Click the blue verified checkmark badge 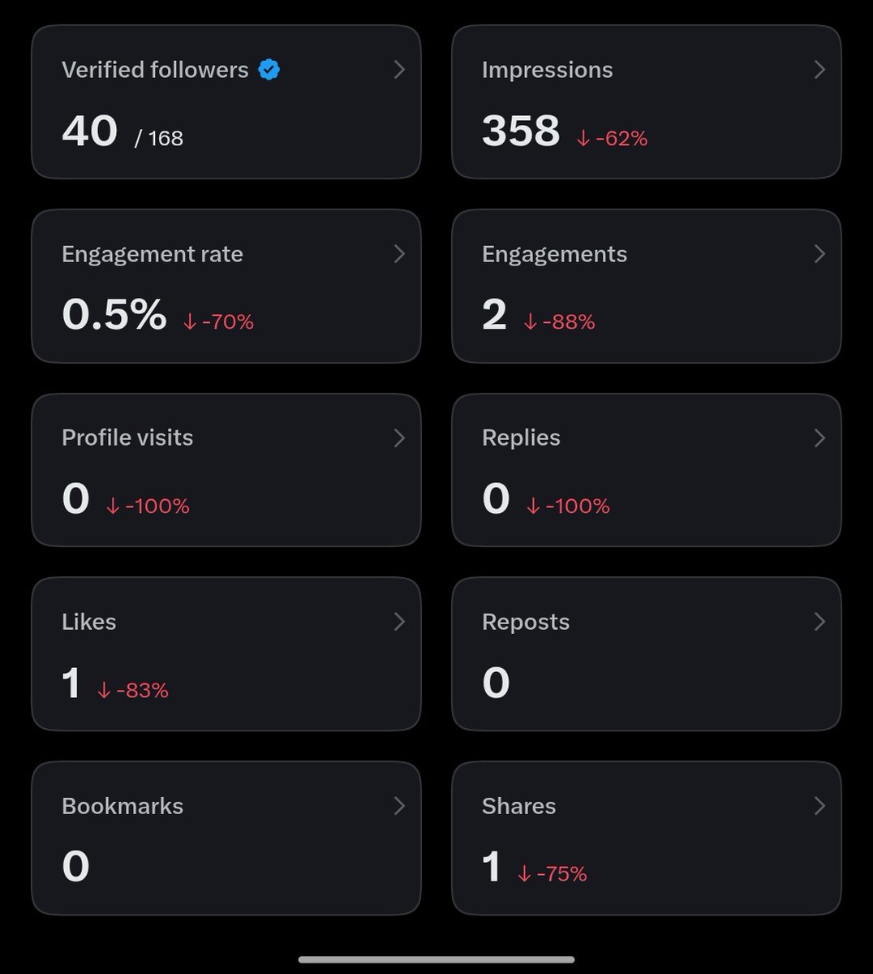point(269,70)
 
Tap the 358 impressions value point(521,131)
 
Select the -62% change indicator point(612,139)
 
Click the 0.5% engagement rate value point(114,314)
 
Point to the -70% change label point(218,321)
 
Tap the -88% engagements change point(559,321)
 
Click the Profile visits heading point(127,437)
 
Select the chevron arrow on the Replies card point(819,438)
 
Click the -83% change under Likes point(133,691)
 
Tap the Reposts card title point(526,622)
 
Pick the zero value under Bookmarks point(76,866)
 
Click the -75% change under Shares point(553,874)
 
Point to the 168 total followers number point(166,139)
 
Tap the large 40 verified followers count point(90,131)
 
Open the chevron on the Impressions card point(819,70)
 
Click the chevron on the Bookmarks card point(399,806)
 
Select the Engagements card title point(554,254)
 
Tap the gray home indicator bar point(436,959)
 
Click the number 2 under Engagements point(494,314)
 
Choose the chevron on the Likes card point(399,622)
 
